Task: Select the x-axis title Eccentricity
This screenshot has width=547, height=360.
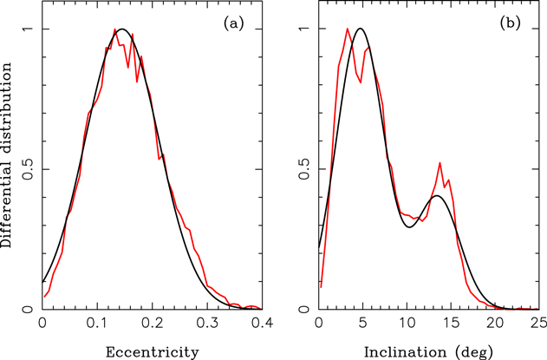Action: pyautogui.click(x=153, y=350)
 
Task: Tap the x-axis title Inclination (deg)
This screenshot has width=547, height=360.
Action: pyautogui.click(x=428, y=350)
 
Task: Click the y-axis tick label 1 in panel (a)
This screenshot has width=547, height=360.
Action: pyautogui.click(x=28, y=29)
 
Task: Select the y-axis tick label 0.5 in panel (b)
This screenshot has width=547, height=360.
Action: pyautogui.click(x=304, y=168)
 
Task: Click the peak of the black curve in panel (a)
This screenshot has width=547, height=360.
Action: pyautogui.click(x=123, y=29)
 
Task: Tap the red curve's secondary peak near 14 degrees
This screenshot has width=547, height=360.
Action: pyautogui.click(x=440, y=162)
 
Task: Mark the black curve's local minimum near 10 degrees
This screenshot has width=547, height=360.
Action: pyautogui.click(x=410, y=227)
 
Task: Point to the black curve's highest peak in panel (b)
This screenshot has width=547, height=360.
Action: pyautogui.click(x=361, y=29)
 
